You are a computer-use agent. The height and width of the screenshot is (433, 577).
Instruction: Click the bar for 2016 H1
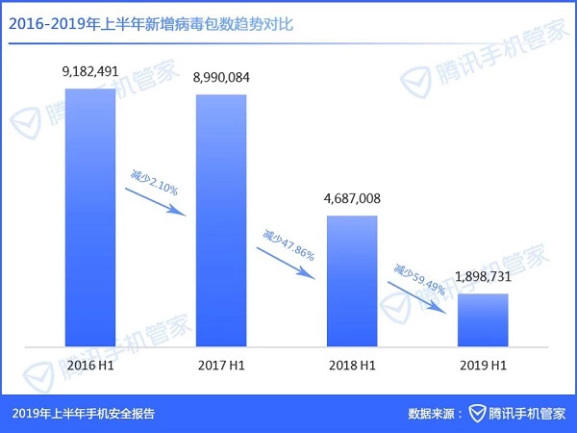point(89,216)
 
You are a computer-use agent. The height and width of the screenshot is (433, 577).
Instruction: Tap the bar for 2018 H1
point(353,280)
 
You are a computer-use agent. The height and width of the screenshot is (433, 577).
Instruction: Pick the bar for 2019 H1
point(482,319)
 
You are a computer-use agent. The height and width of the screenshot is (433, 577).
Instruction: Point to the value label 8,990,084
point(221,78)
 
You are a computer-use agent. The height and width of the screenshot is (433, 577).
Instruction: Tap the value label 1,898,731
point(482,277)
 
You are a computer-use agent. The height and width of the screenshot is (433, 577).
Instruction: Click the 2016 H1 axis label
point(90,368)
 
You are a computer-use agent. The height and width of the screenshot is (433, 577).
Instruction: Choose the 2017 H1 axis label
point(221,368)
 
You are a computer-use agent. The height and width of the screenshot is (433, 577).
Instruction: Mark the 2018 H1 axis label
point(353,368)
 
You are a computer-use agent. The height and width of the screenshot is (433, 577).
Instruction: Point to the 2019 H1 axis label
point(482,368)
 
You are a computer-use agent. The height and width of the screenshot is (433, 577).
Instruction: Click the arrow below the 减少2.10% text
point(157,197)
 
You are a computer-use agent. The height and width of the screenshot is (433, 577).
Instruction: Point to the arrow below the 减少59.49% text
point(419,295)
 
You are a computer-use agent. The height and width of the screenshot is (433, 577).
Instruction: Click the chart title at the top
point(154,25)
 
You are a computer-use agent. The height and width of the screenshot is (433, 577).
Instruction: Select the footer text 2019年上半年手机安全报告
point(84,414)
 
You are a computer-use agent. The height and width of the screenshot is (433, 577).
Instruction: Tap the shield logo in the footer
point(477,414)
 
